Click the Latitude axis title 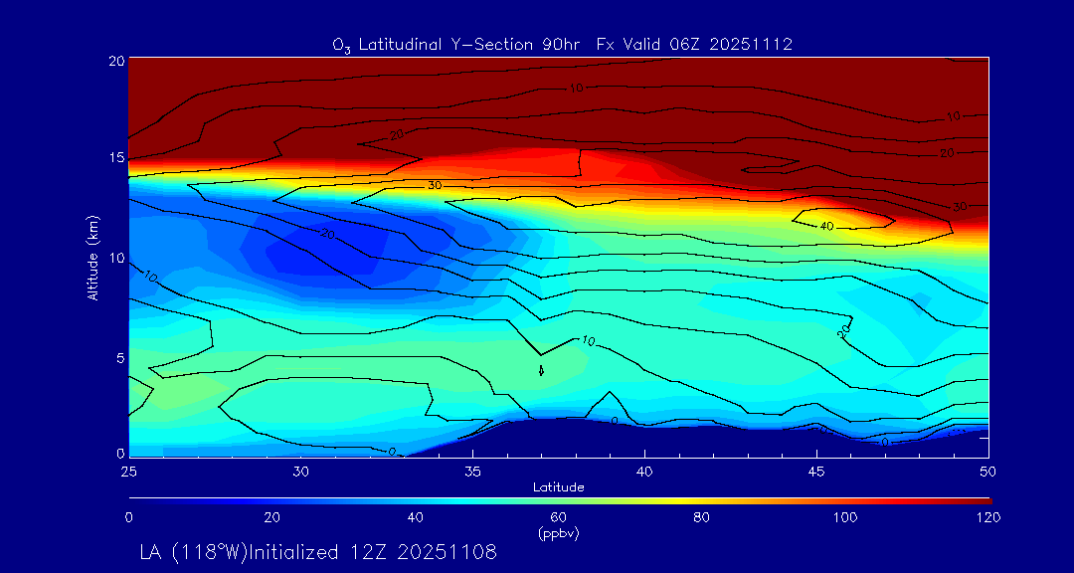tap(559, 486)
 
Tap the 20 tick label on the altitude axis tap(114, 60)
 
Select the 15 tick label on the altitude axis tap(114, 158)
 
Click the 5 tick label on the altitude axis tap(118, 356)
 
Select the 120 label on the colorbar tap(987, 517)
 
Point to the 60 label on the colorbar tap(559, 517)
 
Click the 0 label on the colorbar tap(129, 517)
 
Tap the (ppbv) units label tap(559, 533)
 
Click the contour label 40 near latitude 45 tap(826, 226)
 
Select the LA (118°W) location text tap(204, 551)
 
